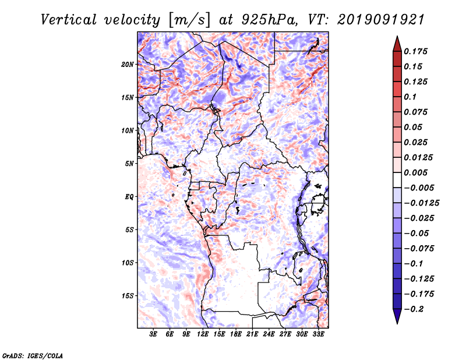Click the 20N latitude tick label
click(128, 65)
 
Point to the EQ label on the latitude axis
click(129, 197)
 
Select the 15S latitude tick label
click(128, 296)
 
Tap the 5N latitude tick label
click(129, 164)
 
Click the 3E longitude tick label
click(153, 334)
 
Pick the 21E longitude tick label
click(252, 334)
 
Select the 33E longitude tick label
click(318, 334)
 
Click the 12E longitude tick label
click(203, 334)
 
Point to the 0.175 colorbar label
click(415, 51)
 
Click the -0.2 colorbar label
click(414, 309)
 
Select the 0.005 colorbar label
click(415, 172)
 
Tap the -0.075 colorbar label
click(419, 249)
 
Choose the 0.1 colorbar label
click(410, 97)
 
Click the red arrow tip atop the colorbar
click(397, 36)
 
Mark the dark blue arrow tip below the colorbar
click(397, 323)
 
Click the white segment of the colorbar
click(397, 180)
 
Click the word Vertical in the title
click(69, 20)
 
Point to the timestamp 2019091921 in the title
click(381, 20)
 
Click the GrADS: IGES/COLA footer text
click(33, 356)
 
